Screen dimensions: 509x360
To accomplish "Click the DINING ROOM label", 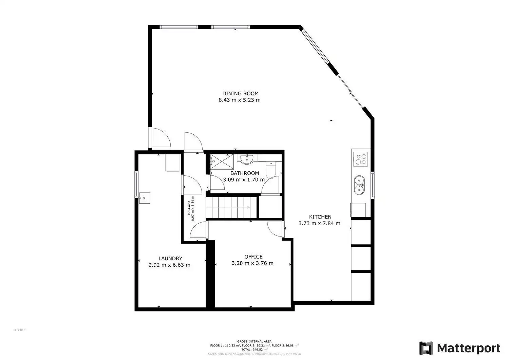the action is [240, 93].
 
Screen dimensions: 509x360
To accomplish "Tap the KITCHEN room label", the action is [320, 217].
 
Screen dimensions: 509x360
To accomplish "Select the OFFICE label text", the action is [253, 257].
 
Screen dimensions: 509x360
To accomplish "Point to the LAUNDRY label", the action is [170, 259].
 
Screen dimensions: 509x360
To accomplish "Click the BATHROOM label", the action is [245, 173].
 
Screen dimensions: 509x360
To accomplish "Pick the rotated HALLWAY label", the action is [189, 208].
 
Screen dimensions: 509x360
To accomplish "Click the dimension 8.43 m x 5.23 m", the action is [240, 100].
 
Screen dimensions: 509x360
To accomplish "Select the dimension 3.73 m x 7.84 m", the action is [319, 223].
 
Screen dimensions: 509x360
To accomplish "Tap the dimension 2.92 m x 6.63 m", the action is [169, 265].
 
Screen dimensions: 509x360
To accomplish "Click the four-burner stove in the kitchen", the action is [360, 159].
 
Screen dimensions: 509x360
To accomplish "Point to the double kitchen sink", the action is [359, 185].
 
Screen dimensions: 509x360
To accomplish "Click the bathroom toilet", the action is [270, 169].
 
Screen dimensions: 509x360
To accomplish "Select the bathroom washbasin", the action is [247, 159].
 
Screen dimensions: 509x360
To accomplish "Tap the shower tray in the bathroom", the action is [222, 162].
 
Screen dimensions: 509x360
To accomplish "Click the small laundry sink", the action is [145, 198].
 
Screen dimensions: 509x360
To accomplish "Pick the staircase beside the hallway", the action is [231, 208].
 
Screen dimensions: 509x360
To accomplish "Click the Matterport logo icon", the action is [426, 348].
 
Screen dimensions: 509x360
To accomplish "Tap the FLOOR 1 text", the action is [20, 330].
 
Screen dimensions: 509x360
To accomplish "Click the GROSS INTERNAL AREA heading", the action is [254, 341].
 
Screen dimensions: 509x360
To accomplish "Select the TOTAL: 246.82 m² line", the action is [254, 349].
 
